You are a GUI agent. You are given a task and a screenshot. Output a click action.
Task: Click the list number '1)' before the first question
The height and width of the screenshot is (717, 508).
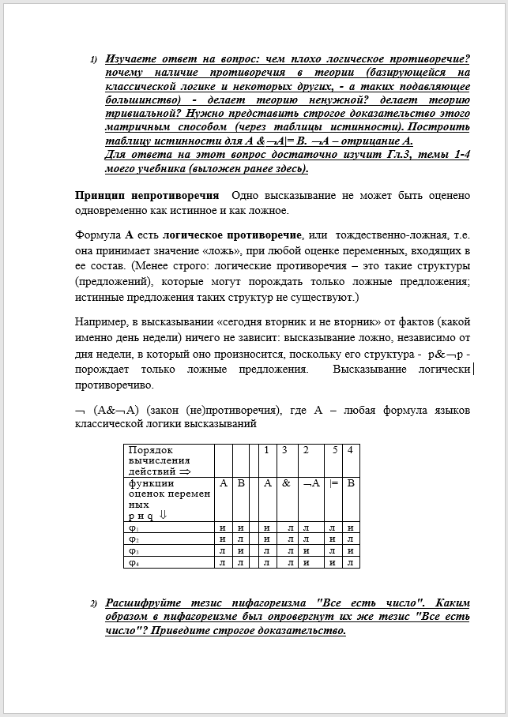tap(93, 60)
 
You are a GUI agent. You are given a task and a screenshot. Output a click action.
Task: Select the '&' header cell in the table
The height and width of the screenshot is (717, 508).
tap(286, 483)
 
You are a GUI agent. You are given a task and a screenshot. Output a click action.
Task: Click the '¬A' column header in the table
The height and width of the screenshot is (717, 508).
tap(310, 483)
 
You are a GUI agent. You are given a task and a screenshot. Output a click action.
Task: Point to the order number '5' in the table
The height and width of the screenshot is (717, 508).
tap(335, 450)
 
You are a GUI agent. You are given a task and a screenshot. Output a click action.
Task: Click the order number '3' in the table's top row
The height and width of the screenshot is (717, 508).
tap(286, 450)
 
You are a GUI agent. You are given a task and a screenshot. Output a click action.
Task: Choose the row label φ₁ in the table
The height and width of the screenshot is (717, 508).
tap(134, 527)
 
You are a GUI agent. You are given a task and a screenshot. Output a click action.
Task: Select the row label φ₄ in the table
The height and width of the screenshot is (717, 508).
tap(134, 562)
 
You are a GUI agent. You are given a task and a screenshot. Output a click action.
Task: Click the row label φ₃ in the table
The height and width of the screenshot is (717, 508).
tap(134, 550)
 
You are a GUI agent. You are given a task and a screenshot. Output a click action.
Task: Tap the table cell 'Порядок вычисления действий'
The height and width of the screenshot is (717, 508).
tap(168, 460)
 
